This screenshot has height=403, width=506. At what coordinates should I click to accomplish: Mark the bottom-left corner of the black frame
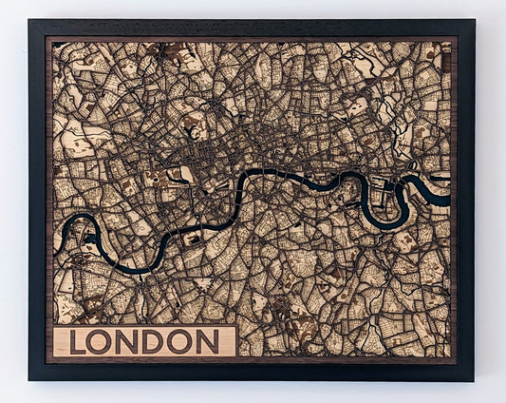pos(29,380)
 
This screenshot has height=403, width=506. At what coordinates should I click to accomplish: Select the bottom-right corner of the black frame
pos(474,380)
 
